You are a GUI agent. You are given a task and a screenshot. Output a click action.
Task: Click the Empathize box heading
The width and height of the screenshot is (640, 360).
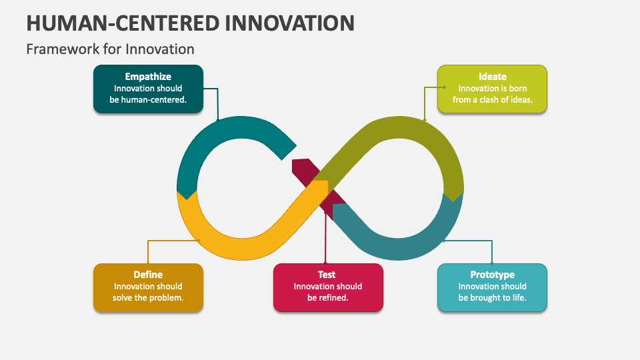click(148, 77)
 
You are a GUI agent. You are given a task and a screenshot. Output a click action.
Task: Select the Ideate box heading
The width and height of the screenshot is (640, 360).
click(492, 77)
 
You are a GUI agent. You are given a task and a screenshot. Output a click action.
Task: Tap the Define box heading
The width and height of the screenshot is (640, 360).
click(148, 274)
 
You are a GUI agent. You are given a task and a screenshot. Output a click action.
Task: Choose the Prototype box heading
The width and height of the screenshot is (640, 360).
click(492, 274)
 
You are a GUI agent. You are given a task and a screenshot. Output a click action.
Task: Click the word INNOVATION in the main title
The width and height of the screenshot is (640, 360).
click(290, 23)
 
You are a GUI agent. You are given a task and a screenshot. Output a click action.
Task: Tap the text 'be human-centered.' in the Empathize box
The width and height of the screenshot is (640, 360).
click(148, 100)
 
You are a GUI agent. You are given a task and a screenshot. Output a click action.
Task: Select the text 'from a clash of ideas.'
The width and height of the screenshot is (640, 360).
click(492, 100)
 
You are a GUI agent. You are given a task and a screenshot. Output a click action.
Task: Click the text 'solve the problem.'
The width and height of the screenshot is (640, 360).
click(148, 297)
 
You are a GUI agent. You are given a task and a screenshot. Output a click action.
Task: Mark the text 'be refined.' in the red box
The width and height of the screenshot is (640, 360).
click(328, 297)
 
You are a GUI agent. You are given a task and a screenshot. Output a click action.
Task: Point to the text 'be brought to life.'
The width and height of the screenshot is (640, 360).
click(492, 297)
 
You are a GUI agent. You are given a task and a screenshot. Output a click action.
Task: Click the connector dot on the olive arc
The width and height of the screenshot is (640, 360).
click(425, 121)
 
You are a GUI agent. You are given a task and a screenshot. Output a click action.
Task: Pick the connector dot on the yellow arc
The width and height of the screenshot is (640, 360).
click(199, 240)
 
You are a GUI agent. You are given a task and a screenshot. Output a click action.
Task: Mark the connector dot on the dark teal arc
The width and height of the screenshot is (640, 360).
click(218, 121)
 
